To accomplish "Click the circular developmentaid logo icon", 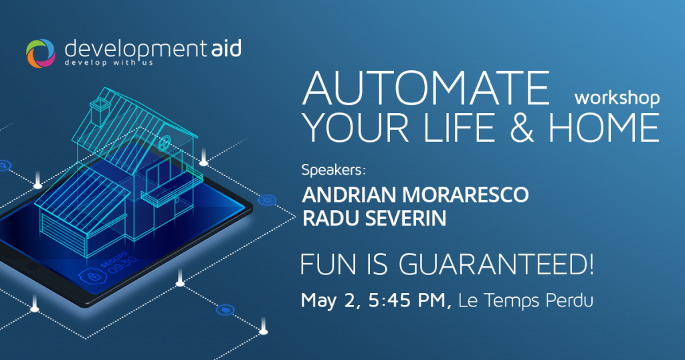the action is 41,54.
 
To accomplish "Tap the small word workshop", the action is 617,98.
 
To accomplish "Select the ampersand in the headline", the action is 522,127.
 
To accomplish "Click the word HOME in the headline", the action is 604,127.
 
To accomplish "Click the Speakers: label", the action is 333,169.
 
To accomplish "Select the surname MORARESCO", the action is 465,195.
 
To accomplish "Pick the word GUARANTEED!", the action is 496,264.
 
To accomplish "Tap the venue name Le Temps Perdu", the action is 526,300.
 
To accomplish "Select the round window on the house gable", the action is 165,143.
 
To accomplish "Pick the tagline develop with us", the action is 109,63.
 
